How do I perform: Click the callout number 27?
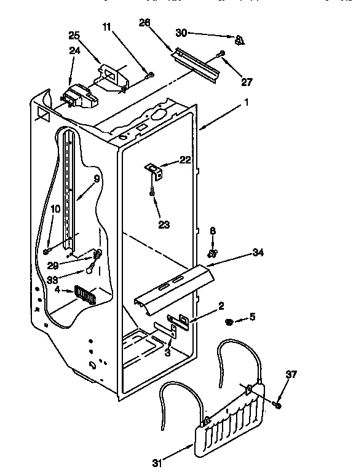tap(247, 82)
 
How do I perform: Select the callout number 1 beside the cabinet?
tap(246, 103)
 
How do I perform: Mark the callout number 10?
tap(55, 209)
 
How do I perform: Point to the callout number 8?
tap(212, 232)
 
